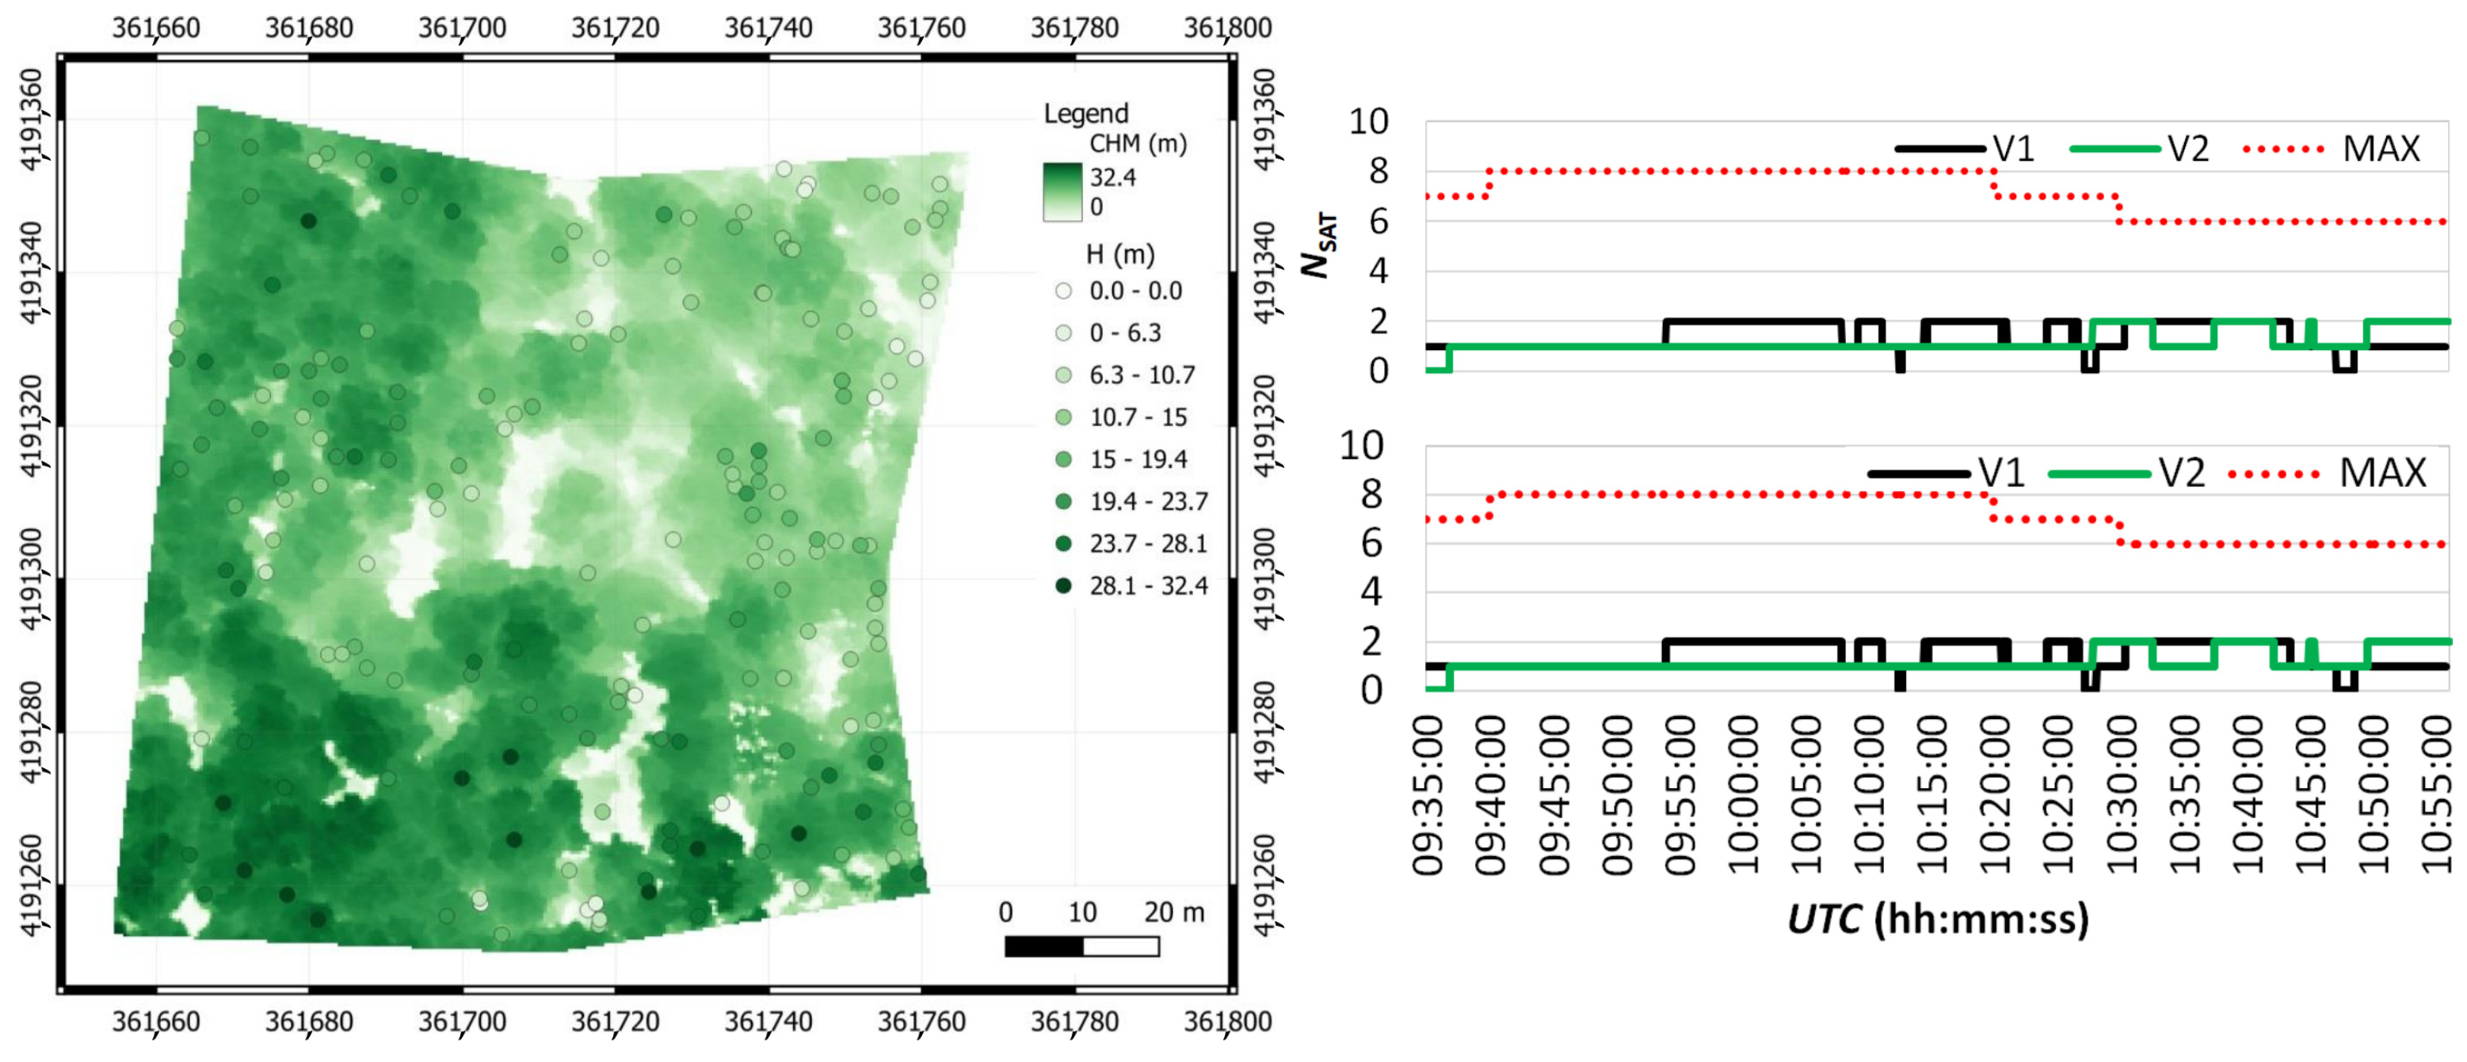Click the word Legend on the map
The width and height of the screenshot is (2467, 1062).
point(1085,113)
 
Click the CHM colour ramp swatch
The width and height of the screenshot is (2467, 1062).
point(1062,192)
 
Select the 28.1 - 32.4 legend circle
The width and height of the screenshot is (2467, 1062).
point(1063,585)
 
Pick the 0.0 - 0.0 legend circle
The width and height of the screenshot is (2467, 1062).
point(1063,290)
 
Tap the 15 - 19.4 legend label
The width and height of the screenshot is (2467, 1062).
point(1138,459)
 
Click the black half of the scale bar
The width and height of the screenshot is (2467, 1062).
point(1044,946)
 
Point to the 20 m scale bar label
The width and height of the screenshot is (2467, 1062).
point(1173,911)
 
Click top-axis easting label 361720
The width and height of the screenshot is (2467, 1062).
point(615,27)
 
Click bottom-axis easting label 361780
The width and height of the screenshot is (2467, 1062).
point(1073,1021)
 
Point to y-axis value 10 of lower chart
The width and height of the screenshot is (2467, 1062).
point(1361,445)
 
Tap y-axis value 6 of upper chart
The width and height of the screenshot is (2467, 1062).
point(1377,221)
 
